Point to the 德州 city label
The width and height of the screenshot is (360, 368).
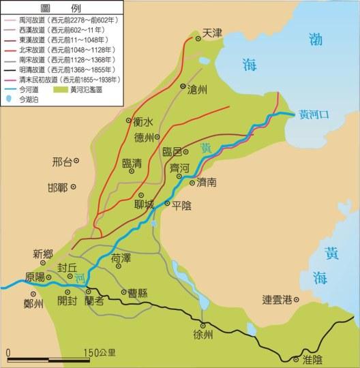(x=145, y=136)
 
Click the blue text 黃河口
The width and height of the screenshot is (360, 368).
(x=316, y=114)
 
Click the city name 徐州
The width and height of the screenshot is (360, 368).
(x=203, y=335)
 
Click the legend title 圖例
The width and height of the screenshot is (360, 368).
(x=62, y=7)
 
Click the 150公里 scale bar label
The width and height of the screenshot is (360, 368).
(x=100, y=353)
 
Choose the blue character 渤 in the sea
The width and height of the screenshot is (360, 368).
(x=314, y=39)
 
